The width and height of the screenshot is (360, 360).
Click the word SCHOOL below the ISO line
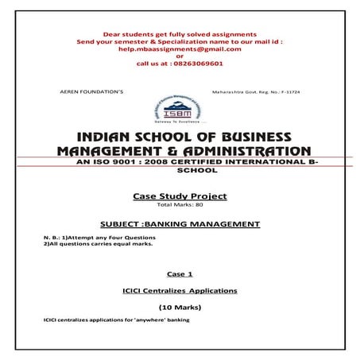coord(180,171)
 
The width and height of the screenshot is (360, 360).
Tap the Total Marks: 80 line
coord(180,206)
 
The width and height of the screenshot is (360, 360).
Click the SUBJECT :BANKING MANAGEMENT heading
coord(180,225)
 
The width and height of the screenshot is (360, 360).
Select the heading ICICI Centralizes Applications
coord(180,291)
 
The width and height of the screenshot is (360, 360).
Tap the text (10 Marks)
coord(180,306)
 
